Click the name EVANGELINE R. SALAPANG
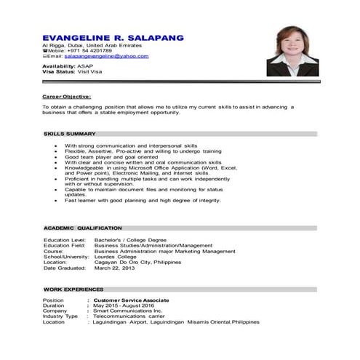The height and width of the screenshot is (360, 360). click(x=113, y=37)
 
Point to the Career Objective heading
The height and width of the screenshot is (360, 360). click(x=67, y=96)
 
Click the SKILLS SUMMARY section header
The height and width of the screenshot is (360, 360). click(x=70, y=134)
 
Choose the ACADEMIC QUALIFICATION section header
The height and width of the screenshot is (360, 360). click(x=83, y=228)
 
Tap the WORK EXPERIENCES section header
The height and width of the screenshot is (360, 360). click(x=73, y=289)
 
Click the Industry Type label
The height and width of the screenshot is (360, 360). click(x=60, y=316)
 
